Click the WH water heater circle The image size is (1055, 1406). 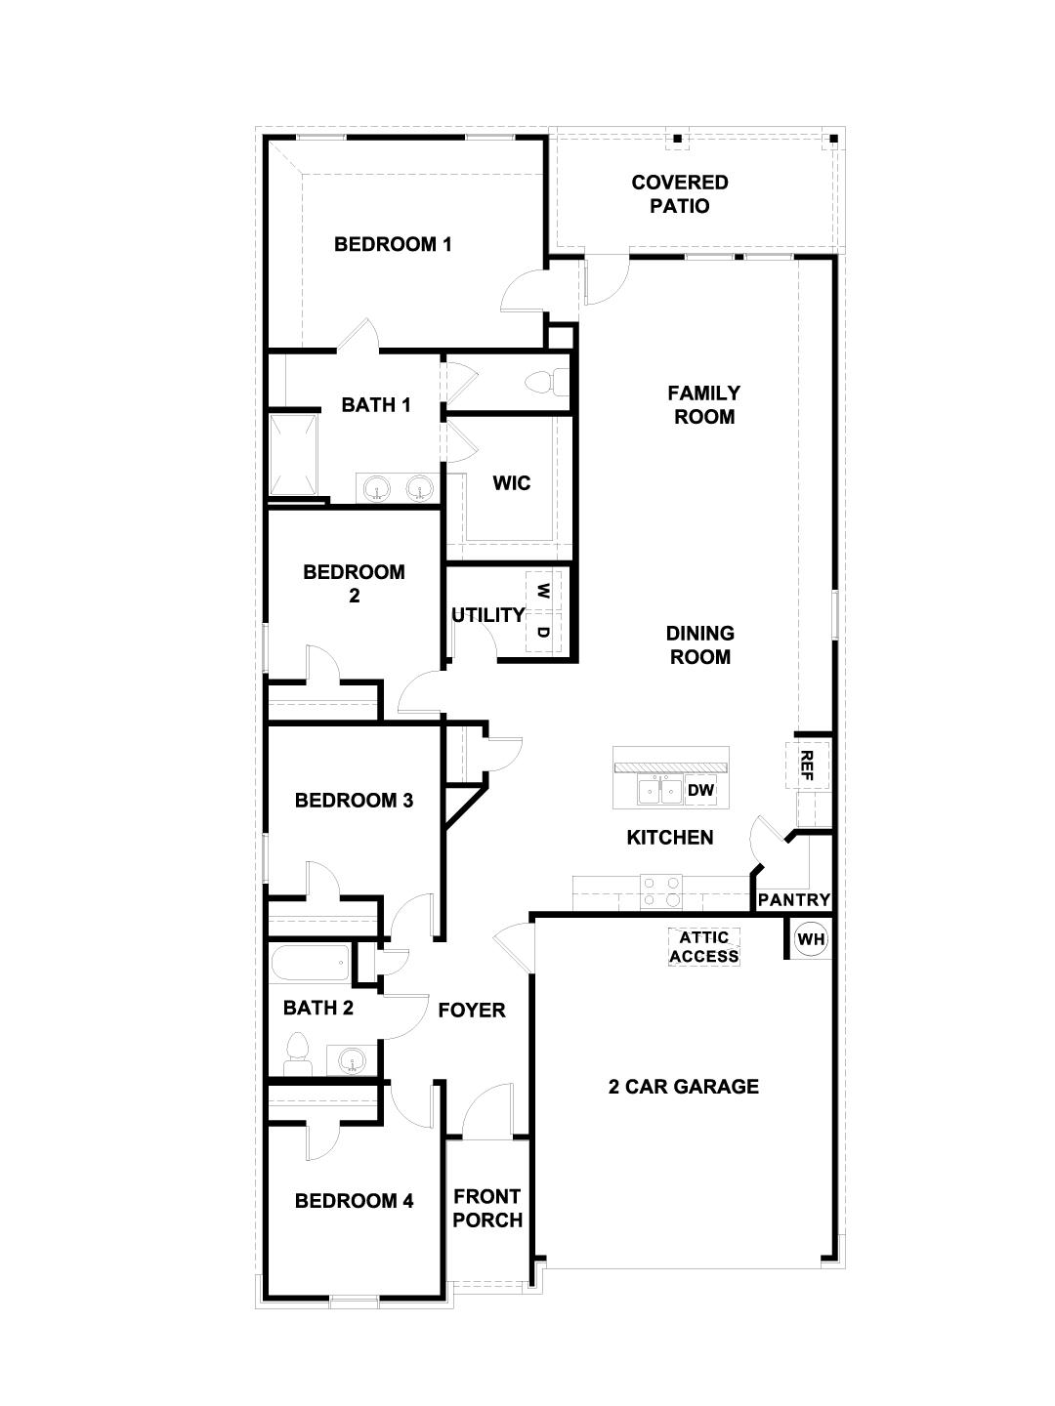[x=811, y=939]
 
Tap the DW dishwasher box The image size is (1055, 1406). [x=700, y=790]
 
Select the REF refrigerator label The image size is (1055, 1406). [x=807, y=762]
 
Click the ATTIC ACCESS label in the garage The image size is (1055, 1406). [x=703, y=947]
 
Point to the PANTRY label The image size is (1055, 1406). [x=794, y=899]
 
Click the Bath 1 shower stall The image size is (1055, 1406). [x=293, y=455]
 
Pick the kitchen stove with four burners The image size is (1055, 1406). [x=660, y=891]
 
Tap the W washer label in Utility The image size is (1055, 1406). [x=543, y=591]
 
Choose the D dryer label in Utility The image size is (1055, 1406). [x=543, y=632]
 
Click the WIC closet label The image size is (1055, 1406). [x=511, y=483]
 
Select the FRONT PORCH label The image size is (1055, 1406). [x=487, y=1208]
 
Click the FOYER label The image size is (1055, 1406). [x=472, y=1011]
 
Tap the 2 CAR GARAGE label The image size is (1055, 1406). [x=684, y=1087]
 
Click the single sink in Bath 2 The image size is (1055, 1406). [x=353, y=1058]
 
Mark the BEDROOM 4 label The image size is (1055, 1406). [x=354, y=1201]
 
